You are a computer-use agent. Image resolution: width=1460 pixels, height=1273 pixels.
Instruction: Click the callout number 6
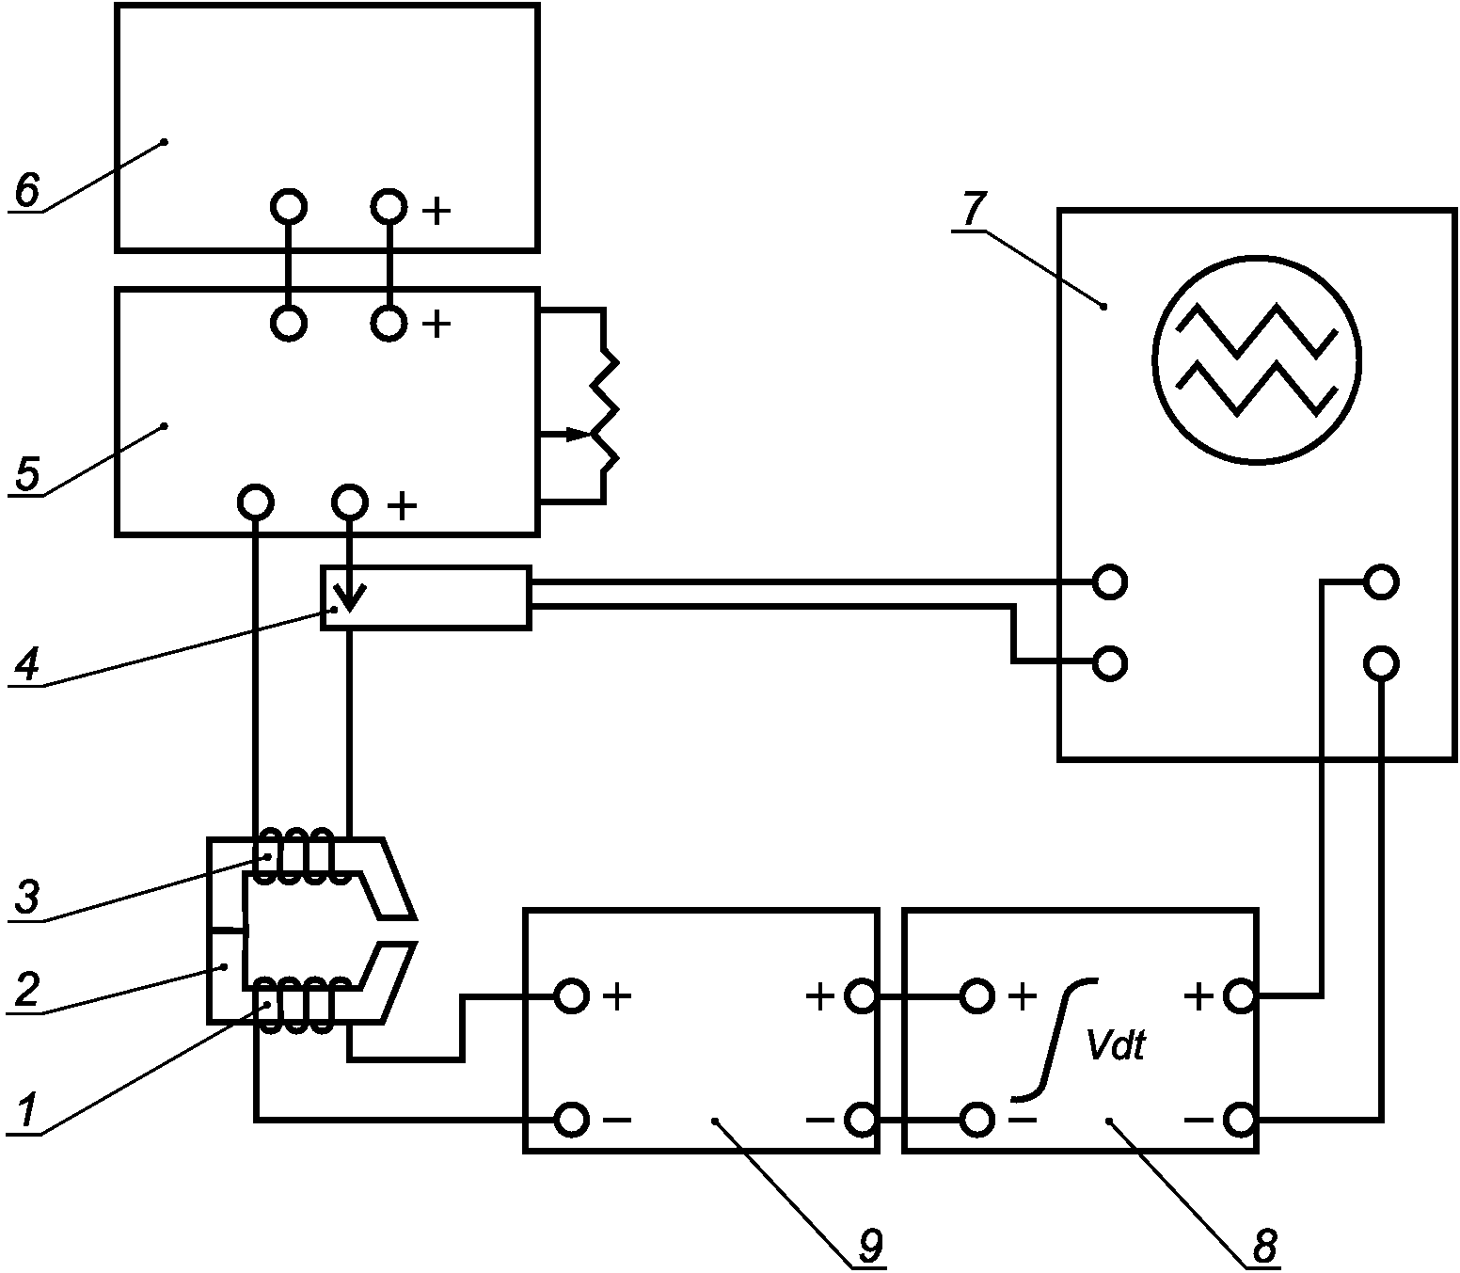(x=27, y=189)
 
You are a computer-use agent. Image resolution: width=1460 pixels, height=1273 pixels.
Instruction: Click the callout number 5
(x=27, y=473)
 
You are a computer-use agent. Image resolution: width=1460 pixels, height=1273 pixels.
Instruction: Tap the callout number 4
(x=27, y=664)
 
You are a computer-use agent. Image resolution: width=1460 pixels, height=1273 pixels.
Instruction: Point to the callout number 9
(x=870, y=1245)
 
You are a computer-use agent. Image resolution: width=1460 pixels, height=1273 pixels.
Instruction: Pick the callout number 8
(x=1264, y=1245)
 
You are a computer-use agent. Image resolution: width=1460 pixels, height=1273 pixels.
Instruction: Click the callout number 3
(x=27, y=897)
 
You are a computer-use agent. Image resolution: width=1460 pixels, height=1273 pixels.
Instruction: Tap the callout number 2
(x=27, y=990)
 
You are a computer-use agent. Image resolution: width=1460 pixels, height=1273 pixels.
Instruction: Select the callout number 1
(x=27, y=1111)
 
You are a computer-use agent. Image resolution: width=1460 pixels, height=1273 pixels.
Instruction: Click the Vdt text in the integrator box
(x=1116, y=1045)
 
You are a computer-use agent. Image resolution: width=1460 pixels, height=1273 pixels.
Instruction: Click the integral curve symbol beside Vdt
(x=1055, y=1038)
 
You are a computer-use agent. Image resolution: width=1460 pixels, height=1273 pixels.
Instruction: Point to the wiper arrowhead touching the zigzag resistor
(x=579, y=434)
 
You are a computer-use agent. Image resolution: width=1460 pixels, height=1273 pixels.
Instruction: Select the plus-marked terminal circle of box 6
(x=389, y=208)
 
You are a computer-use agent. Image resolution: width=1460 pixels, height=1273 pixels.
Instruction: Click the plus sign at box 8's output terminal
(x=1199, y=996)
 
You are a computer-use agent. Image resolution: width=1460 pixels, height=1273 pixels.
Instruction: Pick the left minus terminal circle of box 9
(x=571, y=1119)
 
